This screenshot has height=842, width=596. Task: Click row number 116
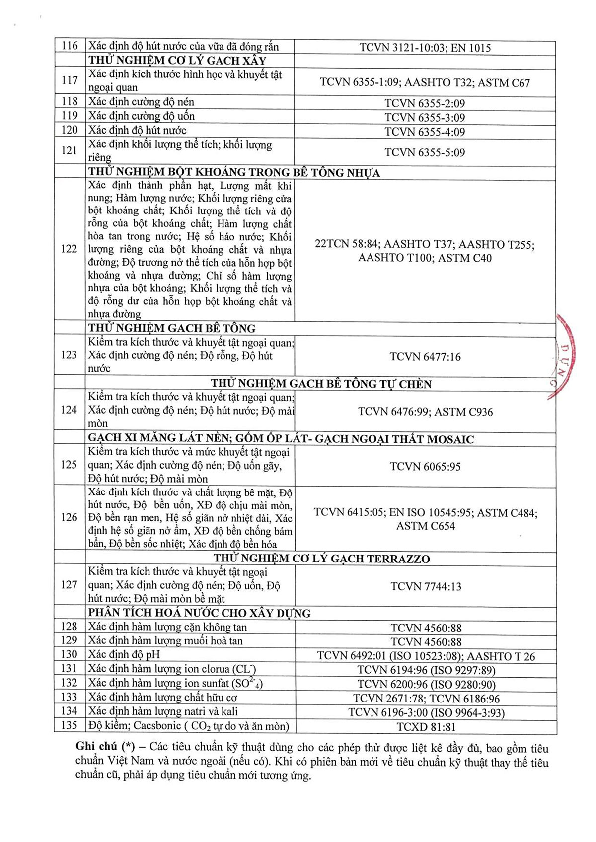[x=70, y=46]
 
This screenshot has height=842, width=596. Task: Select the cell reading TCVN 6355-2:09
[x=425, y=103]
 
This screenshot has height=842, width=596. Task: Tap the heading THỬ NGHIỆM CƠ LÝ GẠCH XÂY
[x=177, y=61]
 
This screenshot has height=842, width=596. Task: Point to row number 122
[x=69, y=249]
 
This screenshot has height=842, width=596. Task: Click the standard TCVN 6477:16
[x=425, y=357]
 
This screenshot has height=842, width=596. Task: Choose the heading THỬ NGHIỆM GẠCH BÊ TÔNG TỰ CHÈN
[x=321, y=384]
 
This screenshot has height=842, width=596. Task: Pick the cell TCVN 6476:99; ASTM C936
[x=425, y=412]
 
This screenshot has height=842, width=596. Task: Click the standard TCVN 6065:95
[x=425, y=467]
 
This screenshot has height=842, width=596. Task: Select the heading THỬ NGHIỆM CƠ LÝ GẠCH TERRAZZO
[x=322, y=559]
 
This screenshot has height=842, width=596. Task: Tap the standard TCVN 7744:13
[x=426, y=586]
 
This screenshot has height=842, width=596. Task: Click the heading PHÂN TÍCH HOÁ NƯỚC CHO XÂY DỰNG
[x=199, y=613]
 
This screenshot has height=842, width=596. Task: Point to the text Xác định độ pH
[x=124, y=655]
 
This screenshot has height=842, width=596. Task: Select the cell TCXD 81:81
[x=426, y=727]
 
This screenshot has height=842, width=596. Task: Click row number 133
[x=70, y=697]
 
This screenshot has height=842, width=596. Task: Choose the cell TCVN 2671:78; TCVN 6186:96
[x=426, y=699]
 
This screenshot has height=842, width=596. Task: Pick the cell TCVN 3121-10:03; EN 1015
[x=425, y=48]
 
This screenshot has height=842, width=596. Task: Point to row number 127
[x=70, y=585]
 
